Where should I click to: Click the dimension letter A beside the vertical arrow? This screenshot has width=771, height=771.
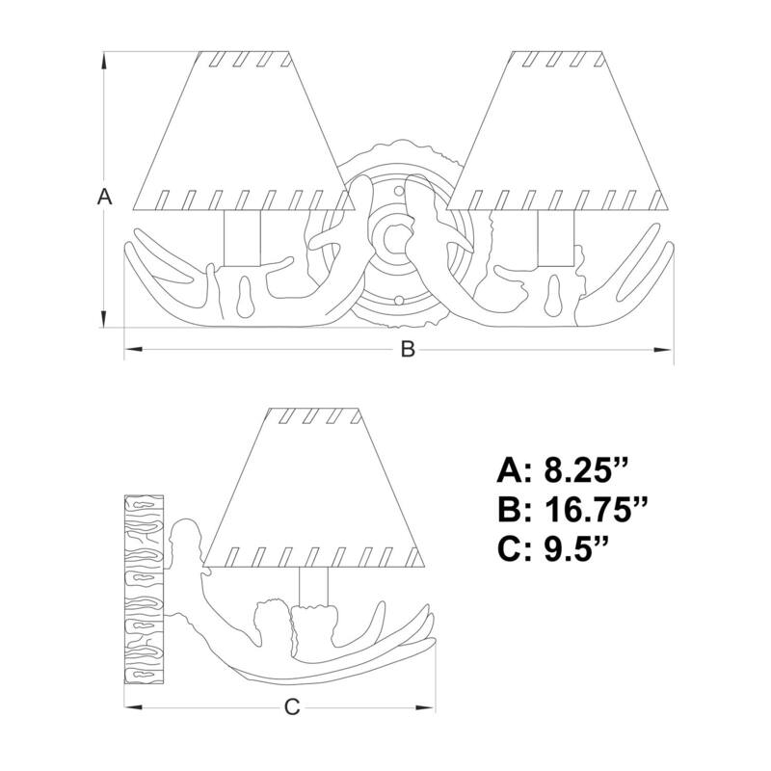105,197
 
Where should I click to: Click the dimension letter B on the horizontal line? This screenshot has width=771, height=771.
408,349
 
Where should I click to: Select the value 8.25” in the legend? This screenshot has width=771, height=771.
586,470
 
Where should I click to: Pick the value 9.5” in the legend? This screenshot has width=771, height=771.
576,548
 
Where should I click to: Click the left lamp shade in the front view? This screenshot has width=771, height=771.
244,130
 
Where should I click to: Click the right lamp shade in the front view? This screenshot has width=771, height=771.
558,130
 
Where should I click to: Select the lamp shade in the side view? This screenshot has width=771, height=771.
314,488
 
